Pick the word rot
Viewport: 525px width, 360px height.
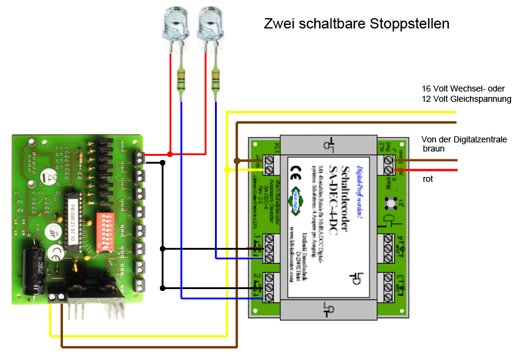coord(428,179)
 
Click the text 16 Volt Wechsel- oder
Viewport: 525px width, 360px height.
coord(463,88)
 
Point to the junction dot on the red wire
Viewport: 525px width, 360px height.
coord(170,154)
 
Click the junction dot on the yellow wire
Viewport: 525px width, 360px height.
coord(226,170)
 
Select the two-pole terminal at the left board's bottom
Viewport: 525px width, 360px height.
coord(57,298)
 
